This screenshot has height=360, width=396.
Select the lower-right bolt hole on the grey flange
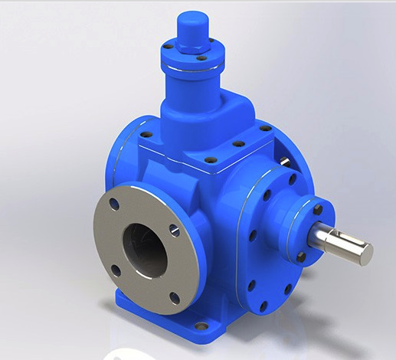tap(175, 297)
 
